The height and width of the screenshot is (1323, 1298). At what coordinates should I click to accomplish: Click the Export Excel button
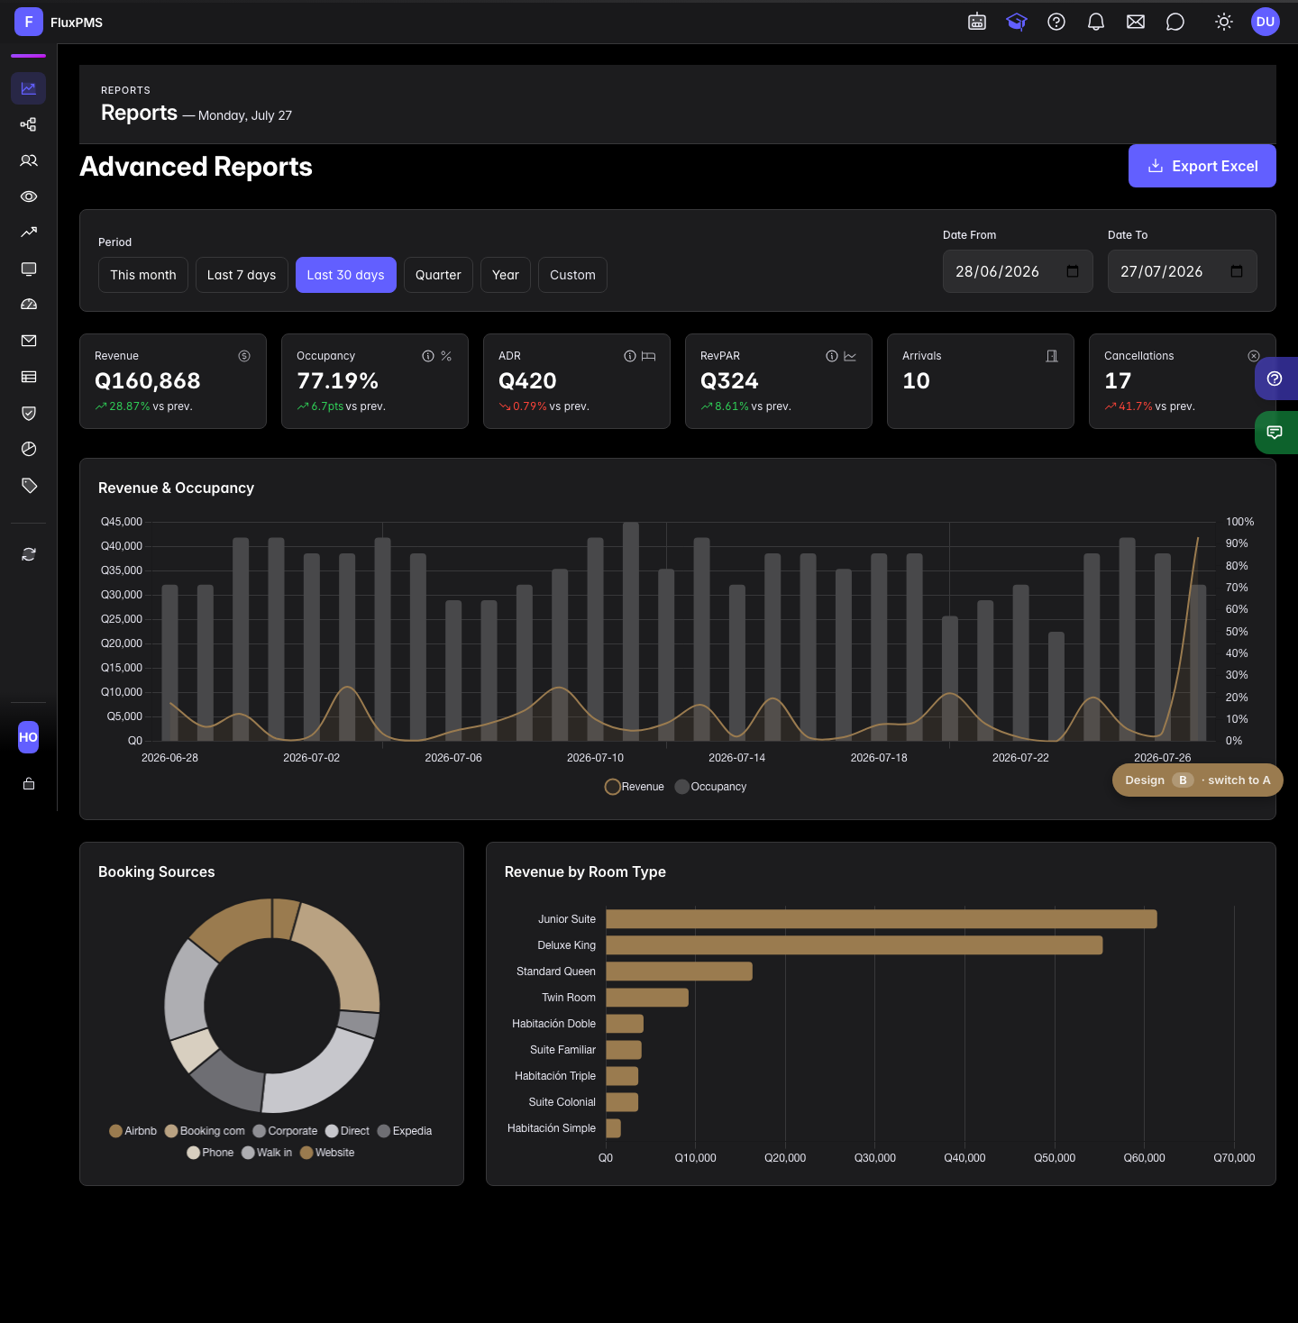click(x=1202, y=166)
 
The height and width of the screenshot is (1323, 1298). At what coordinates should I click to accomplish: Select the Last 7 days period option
click(x=241, y=275)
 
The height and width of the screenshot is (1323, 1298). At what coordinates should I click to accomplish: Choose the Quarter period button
click(x=438, y=275)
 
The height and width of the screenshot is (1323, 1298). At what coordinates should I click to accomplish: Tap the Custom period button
click(x=572, y=275)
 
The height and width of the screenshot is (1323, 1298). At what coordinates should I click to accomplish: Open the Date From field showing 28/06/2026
click(x=1017, y=271)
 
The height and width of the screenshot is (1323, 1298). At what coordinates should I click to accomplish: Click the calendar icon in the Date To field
click(x=1236, y=271)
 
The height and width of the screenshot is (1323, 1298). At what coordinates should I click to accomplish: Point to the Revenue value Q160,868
click(x=148, y=380)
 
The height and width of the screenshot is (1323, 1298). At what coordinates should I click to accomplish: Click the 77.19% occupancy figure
click(x=337, y=380)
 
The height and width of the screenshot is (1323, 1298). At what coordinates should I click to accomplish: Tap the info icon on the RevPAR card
click(x=831, y=356)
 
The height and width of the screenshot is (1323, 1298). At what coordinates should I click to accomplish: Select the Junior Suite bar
click(x=882, y=918)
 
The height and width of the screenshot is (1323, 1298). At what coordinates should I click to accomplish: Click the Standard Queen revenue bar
click(x=679, y=971)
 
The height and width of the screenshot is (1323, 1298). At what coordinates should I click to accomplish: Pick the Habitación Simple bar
click(x=613, y=1127)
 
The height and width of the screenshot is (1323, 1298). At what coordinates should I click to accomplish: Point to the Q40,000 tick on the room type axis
click(x=964, y=1157)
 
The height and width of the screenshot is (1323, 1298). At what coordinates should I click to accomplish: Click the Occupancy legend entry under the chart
click(x=711, y=786)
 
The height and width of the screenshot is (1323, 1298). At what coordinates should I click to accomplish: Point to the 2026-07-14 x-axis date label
click(x=736, y=757)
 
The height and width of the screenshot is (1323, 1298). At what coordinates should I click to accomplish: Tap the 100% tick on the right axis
click(x=1239, y=522)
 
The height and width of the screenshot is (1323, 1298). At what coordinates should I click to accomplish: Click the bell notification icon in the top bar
click(x=1095, y=22)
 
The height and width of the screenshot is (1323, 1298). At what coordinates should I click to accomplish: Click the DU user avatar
click(x=1265, y=22)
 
